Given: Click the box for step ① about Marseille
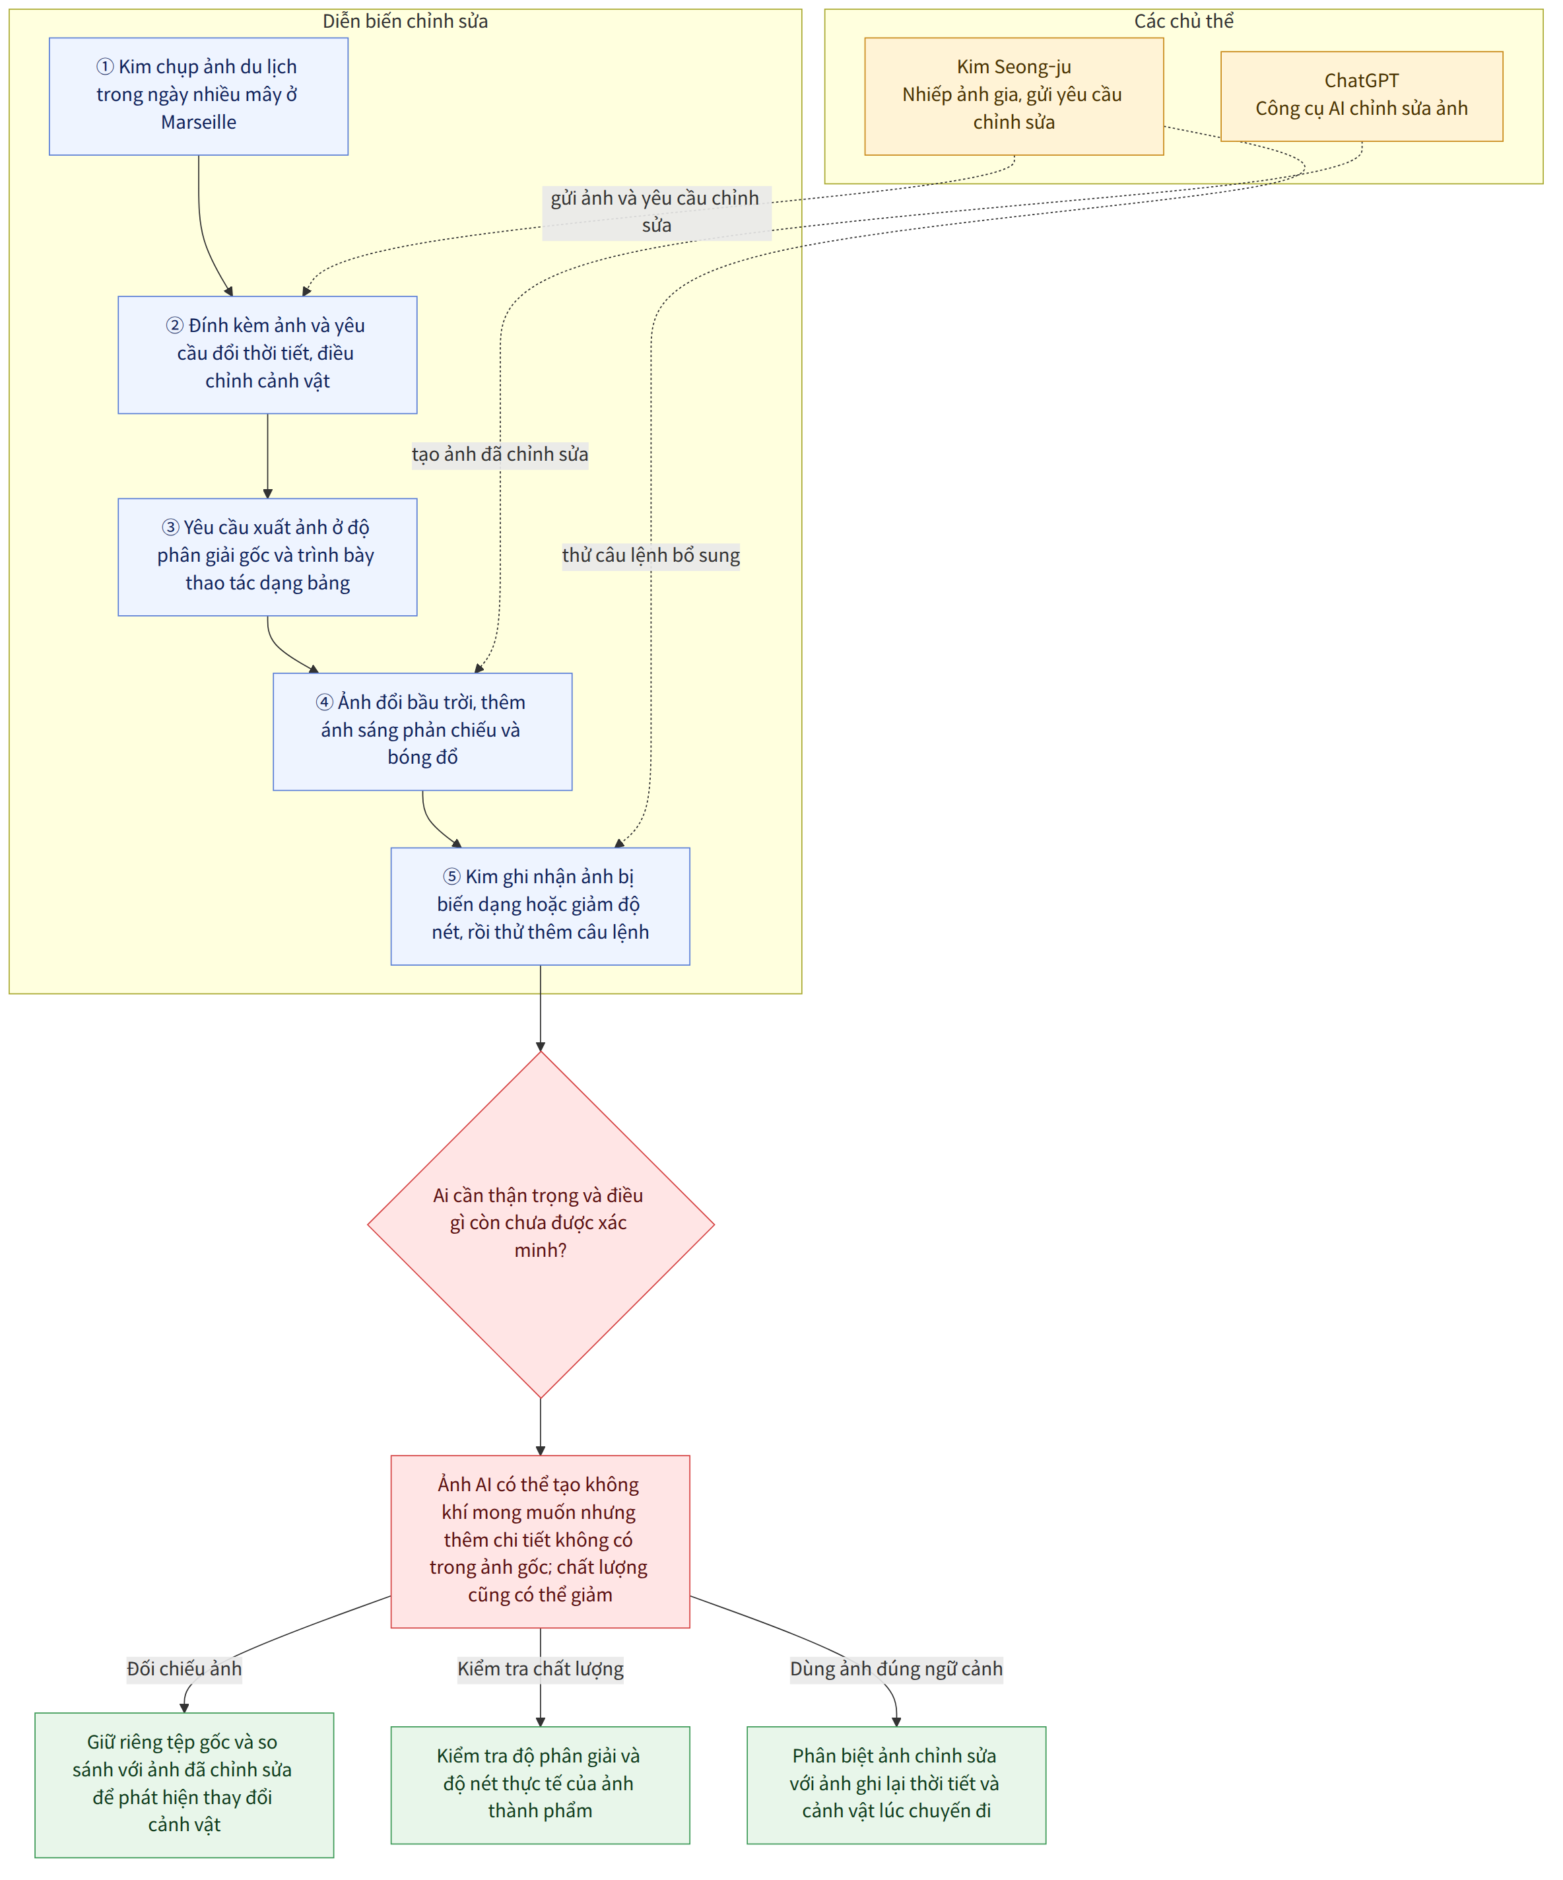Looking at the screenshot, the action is pos(199,96).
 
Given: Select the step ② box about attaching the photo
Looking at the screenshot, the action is pos(268,354).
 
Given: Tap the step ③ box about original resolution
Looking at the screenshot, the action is pos(268,557).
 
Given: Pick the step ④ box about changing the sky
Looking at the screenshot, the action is pos(422,731).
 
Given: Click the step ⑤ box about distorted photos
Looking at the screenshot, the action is pos(541,906).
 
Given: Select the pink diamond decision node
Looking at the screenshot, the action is pos(541,1224).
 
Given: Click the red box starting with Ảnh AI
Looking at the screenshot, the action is pos(541,1541).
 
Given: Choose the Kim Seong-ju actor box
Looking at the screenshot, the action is pos(1014,96).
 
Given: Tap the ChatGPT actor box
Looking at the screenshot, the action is pos(1362,96).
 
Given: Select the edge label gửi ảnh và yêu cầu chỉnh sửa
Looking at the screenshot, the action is pos(656,212).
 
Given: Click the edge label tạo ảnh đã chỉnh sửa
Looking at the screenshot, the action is pos(500,455).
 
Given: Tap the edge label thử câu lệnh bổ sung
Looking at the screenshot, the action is pos(651,556).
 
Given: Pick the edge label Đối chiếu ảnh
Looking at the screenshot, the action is pos(184,1669).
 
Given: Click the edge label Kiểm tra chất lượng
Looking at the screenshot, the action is pos(541,1669).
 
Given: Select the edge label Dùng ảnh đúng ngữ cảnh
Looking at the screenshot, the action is pos(896,1669).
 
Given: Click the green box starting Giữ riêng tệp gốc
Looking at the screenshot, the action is pos(184,1784).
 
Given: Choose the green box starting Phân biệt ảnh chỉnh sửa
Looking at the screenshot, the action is pos(896,1784).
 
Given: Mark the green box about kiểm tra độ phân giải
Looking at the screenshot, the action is pos(541,1784).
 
